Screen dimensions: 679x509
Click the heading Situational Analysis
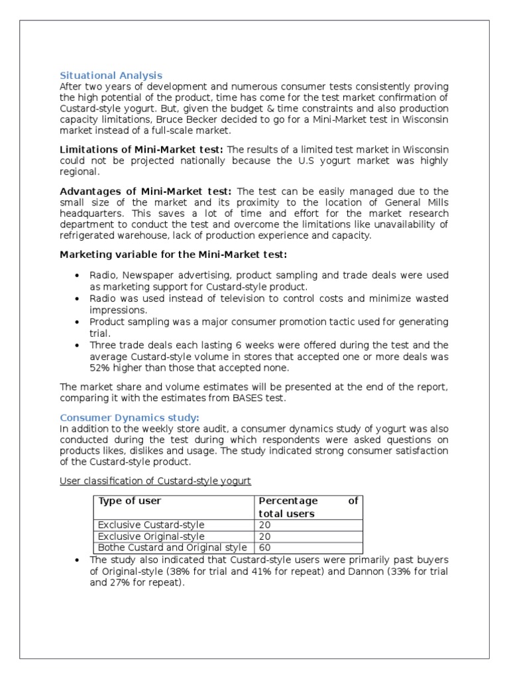111,76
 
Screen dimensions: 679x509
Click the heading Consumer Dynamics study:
129,417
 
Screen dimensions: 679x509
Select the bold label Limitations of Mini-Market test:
142,150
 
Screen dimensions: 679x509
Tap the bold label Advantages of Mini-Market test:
146,192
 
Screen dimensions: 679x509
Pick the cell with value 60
265,548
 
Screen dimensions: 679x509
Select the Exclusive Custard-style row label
151,525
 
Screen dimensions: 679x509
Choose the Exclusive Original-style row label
151,536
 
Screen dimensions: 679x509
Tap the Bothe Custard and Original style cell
172,548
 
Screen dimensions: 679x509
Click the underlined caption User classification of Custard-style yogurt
156,481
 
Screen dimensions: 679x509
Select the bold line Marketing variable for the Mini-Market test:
174,255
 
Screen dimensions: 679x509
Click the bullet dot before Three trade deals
77,345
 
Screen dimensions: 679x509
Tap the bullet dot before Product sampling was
77,322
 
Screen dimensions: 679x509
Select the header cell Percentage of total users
308,507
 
